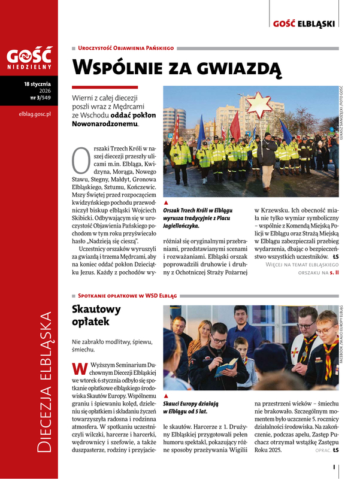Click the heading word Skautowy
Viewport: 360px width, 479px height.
(x=96, y=310)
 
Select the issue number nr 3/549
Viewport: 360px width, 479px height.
(x=40, y=98)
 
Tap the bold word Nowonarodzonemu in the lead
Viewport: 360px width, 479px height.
(x=105, y=124)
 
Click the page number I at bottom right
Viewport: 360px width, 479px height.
(x=334, y=465)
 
